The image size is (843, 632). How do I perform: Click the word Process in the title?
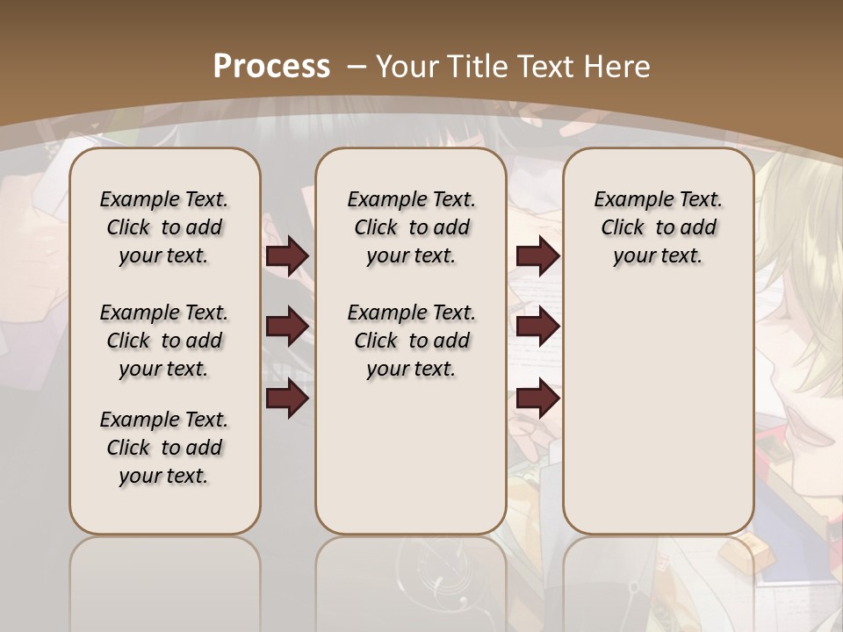pyautogui.click(x=271, y=66)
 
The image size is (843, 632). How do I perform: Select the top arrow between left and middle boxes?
pyautogui.click(x=287, y=256)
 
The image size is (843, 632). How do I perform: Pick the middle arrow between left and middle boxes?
pyautogui.click(x=287, y=327)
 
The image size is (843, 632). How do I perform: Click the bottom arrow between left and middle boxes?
pyautogui.click(x=287, y=399)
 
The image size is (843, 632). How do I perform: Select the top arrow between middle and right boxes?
pyautogui.click(x=538, y=256)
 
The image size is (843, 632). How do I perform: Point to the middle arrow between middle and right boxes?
pyautogui.click(x=538, y=327)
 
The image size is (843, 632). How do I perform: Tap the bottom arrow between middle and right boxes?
pyautogui.click(x=538, y=399)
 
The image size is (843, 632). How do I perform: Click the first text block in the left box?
pyautogui.click(x=164, y=227)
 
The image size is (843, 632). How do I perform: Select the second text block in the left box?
pyautogui.click(x=164, y=341)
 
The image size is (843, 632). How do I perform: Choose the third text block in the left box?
pyautogui.click(x=164, y=448)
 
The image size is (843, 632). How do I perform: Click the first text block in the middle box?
pyautogui.click(x=411, y=227)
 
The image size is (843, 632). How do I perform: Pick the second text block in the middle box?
pyautogui.click(x=411, y=341)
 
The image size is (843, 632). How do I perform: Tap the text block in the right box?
pyautogui.click(x=658, y=227)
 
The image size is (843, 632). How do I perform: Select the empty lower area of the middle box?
pyautogui.click(x=411, y=456)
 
